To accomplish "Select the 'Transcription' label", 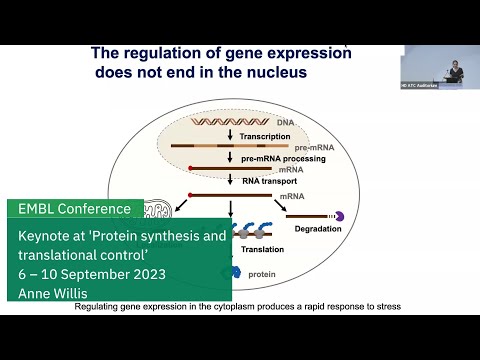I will click(266, 136).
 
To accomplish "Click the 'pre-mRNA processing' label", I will click(283, 158).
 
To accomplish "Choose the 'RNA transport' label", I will click(272, 181).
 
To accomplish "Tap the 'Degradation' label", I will click(317, 228).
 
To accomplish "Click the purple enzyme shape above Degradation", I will click(338, 215).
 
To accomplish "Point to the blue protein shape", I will click(236, 271).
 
